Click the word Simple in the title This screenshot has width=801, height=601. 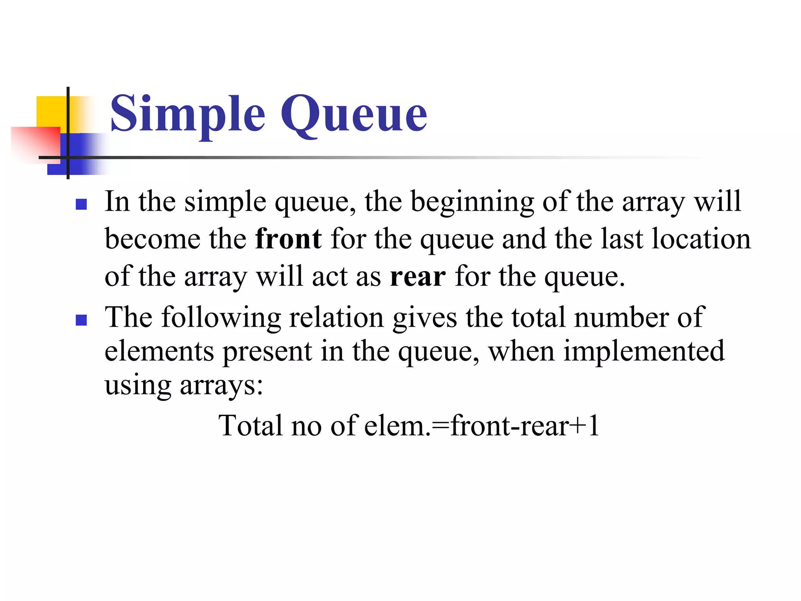pos(188,114)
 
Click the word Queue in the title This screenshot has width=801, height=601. pos(354,114)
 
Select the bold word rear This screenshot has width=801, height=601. pos(418,276)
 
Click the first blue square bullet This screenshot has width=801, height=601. pos(81,205)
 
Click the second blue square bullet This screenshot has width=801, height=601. pos(81,320)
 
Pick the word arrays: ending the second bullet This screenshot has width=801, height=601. pos(221,386)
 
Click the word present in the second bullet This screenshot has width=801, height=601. pos(267,351)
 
